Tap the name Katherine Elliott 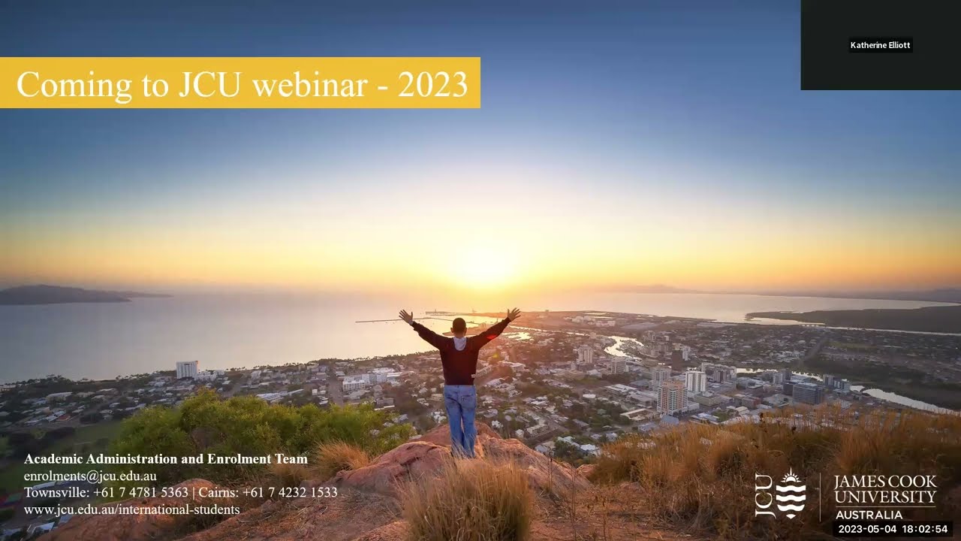pyautogui.click(x=880, y=45)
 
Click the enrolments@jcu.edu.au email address pyautogui.click(x=90, y=476)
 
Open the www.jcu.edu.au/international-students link pyautogui.click(x=132, y=509)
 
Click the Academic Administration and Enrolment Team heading pyautogui.click(x=166, y=459)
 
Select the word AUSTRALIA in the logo pyautogui.click(x=869, y=515)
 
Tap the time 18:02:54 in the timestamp pyautogui.click(x=925, y=529)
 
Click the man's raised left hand pyautogui.click(x=406, y=316)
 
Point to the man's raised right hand pyautogui.click(x=514, y=313)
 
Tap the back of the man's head pyautogui.click(x=459, y=326)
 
